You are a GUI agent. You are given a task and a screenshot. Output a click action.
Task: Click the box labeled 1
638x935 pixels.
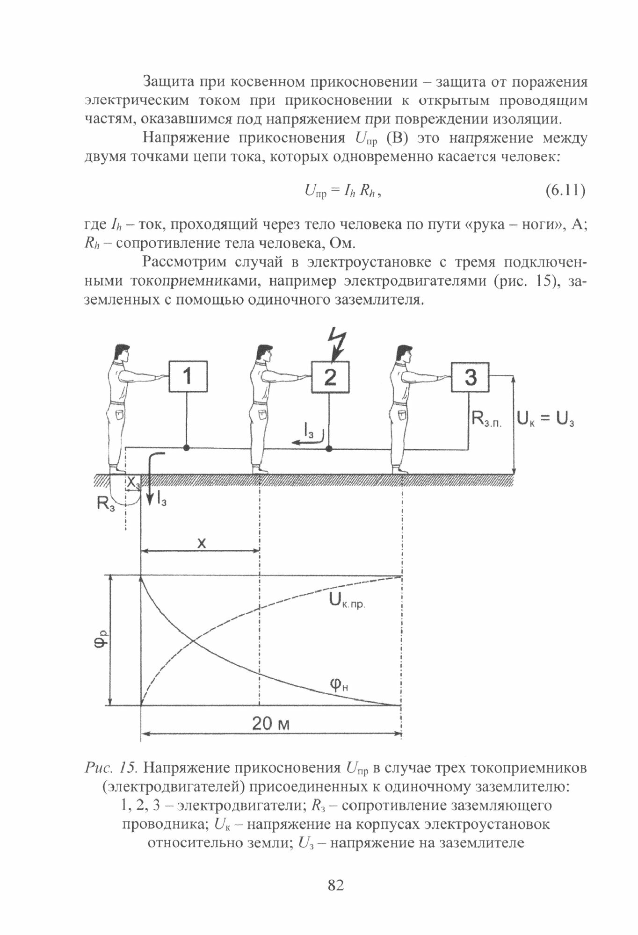pos(188,376)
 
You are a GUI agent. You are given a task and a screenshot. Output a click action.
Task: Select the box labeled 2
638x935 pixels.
pos(330,377)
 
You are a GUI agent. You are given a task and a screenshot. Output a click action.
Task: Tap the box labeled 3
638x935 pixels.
pos(470,377)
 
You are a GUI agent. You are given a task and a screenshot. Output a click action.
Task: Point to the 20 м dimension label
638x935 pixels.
pos(271,724)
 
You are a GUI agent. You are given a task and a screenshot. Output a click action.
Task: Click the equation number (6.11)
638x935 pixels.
pos(565,191)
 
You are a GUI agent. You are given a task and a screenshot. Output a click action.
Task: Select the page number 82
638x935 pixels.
pos(336,885)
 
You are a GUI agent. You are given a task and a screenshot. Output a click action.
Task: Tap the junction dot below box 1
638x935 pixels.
pos(187,448)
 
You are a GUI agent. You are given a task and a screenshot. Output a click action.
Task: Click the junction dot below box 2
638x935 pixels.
pos(329,449)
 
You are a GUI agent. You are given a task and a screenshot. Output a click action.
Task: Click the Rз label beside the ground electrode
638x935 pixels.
pos(106,503)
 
